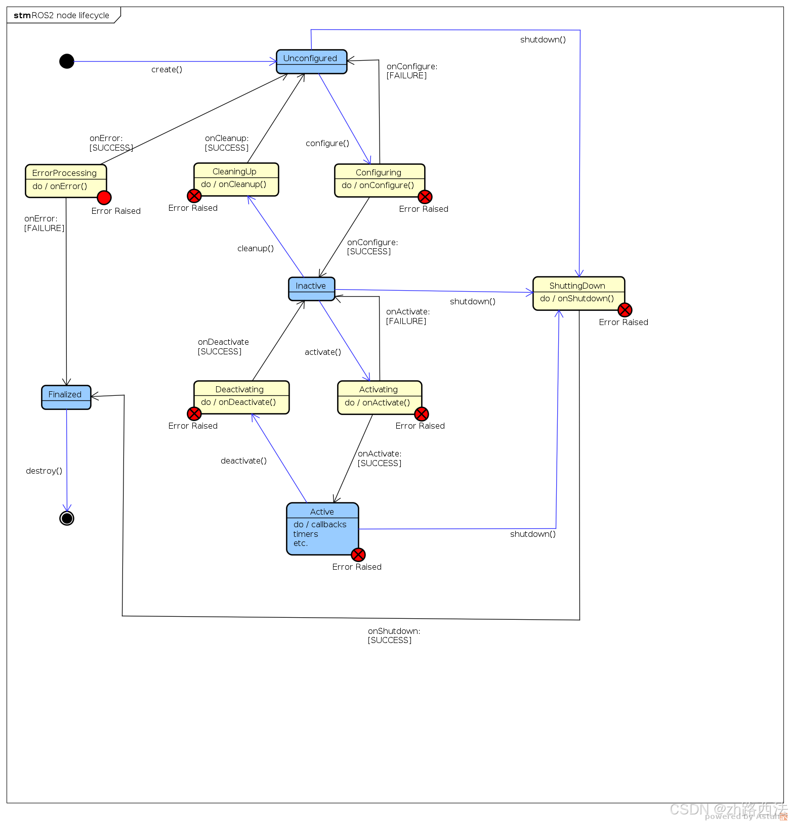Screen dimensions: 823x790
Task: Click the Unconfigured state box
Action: (311, 61)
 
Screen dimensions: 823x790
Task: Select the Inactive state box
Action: (311, 289)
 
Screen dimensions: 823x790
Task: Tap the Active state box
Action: (322, 528)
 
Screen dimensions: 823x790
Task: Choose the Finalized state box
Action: (66, 397)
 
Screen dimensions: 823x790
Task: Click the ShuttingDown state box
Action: (578, 293)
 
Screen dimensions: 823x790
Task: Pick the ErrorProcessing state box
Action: (66, 180)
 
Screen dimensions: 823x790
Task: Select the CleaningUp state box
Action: (236, 179)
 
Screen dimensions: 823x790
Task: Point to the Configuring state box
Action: (379, 180)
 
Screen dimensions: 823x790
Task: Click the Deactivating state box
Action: (241, 397)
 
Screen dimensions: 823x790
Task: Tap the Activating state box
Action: (379, 397)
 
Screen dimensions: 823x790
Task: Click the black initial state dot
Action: (67, 61)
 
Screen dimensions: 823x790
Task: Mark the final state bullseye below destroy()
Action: (67, 518)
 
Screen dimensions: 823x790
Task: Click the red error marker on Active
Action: (358, 555)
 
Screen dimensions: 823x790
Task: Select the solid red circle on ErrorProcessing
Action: (104, 198)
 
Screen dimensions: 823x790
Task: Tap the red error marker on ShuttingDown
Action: (625, 310)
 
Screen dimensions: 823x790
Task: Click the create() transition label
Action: (167, 70)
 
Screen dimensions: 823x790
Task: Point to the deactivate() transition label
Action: (243, 461)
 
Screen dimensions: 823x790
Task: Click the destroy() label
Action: (44, 471)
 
